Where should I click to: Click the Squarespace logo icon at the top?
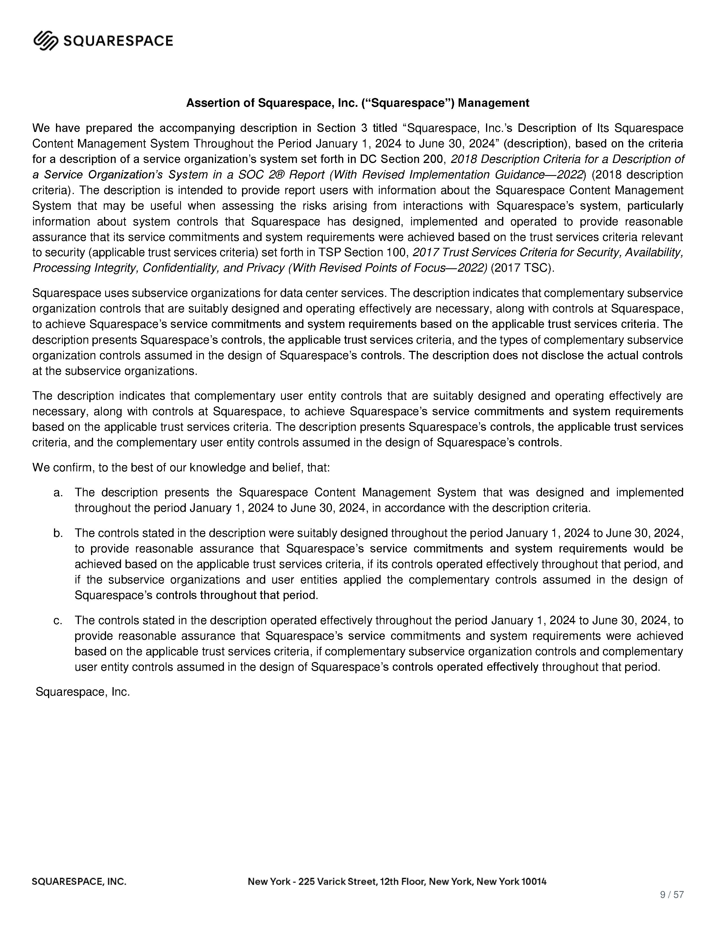coord(46,41)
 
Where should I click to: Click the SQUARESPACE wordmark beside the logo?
coord(118,41)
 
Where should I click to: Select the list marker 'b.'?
coord(59,533)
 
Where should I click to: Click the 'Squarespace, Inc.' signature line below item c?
coord(83,692)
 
